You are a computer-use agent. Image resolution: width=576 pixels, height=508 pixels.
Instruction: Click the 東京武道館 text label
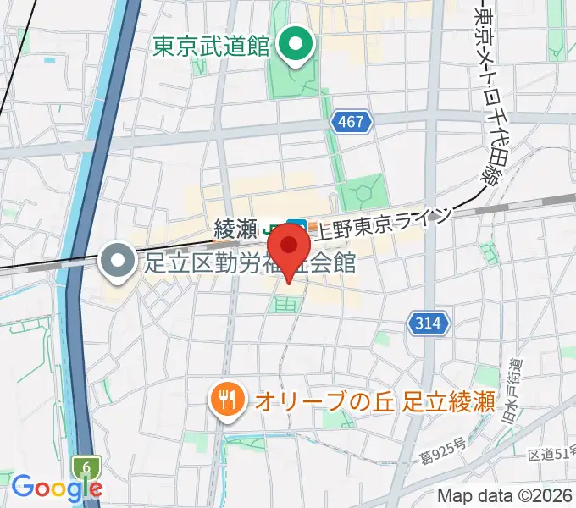[x=212, y=47]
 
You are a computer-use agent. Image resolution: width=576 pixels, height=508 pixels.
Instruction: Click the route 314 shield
[x=429, y=323]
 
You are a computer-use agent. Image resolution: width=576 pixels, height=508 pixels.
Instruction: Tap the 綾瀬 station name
[x=235, y=228]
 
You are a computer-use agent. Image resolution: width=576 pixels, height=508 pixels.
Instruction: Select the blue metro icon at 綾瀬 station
[x=296, y=228]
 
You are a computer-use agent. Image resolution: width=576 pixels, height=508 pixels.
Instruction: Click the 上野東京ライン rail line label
[x=381, y=224]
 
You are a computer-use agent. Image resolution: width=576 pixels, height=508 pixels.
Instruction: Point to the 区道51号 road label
[x=549, y=456]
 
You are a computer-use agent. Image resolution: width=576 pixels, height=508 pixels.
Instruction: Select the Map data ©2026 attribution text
[x=505, y=494]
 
